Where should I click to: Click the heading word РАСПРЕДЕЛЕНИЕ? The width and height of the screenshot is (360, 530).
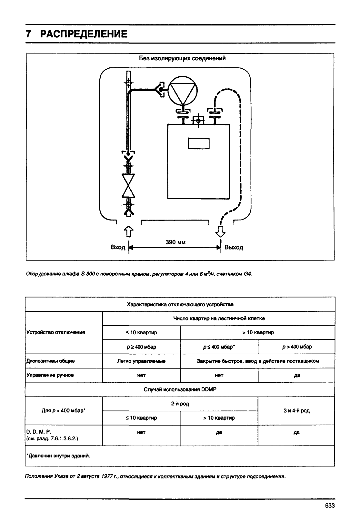[84, 34]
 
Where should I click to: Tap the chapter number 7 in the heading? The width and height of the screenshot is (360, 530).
[28, 34]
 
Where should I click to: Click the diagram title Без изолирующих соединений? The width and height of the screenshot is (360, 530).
[182, 58]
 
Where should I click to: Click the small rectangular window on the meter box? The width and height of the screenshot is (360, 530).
[199, 143]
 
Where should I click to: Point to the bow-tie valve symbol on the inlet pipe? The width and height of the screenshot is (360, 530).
[128, 186]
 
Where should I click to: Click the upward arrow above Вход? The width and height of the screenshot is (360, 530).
[128, 231]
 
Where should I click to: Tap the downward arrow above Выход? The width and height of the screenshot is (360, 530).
[220, 231]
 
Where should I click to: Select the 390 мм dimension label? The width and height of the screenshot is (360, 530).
[175, 242]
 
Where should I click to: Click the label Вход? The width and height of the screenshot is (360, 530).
[118, 247]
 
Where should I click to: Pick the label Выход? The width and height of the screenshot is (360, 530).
[234, 248]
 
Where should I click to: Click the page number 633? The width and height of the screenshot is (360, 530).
[330, 505]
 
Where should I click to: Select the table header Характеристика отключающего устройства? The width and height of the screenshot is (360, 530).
[180, 304]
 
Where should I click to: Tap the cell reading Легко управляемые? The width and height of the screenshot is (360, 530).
[141, 361]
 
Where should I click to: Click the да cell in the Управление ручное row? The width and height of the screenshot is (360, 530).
[297, 375]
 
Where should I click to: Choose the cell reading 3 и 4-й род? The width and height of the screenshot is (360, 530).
[296, 410]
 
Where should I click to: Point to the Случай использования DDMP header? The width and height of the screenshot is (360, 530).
[180, 389]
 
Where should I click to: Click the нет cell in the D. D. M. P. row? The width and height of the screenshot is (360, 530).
[141, 432]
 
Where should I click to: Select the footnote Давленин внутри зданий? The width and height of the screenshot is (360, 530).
[58, 456]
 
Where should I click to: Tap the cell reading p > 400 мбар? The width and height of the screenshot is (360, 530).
[297, 347]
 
